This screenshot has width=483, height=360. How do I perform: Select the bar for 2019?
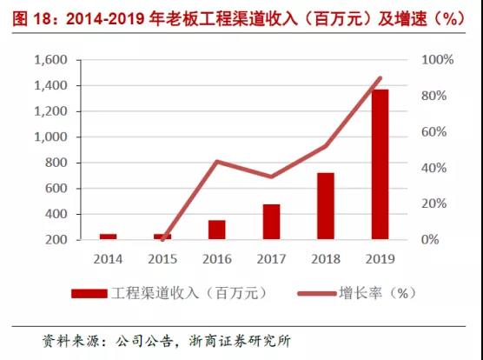[x=380, y=164]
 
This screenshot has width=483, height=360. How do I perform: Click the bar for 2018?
[x=326, y=206]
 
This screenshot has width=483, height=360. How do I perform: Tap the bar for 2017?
[x=271, y=222]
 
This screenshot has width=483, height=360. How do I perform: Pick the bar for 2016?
[x=216, y=230]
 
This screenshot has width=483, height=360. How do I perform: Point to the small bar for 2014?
[x=108, y=236]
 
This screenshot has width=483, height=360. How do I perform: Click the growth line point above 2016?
[x=216, y=161]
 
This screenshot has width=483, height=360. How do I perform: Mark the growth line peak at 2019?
[x=380, y=78]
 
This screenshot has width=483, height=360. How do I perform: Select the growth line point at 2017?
[x=271, y=177]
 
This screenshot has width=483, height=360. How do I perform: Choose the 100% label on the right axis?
[x=438, y=60]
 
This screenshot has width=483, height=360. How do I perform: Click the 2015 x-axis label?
[x=162, y=259]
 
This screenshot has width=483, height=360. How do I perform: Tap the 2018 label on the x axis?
[x=326, y=259]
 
